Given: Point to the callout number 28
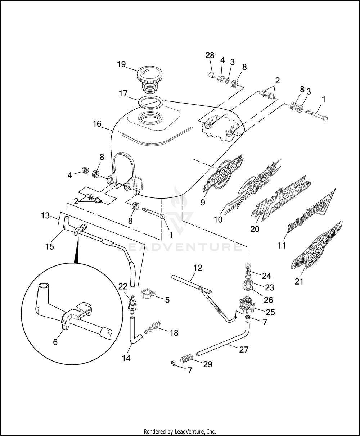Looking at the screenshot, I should coord(210,55).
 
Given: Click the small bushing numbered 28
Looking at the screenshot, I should coord(212,76).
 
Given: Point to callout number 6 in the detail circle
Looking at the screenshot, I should coord(55,342).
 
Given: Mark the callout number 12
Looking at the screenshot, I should coord(198,268).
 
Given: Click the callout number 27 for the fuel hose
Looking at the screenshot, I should coord(244,349).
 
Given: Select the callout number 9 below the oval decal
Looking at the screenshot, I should coord(203,202).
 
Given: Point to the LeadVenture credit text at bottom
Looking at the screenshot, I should coord(180,432).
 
